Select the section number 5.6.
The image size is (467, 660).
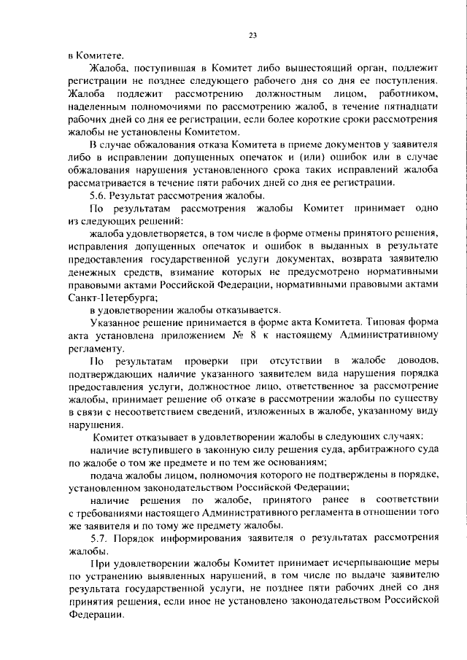click(x=100, y=195)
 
